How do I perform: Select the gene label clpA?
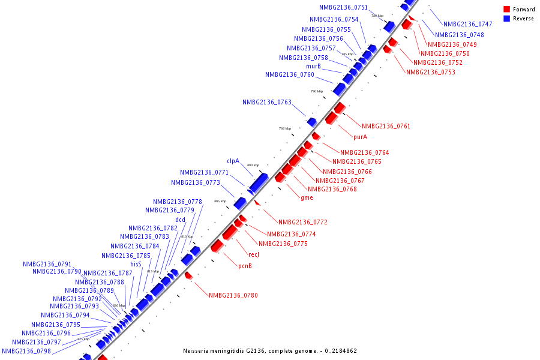point(233,161)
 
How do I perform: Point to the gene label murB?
point(313,66)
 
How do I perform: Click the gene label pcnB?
point(245,266)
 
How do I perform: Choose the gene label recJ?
point(253,254)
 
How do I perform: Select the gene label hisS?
point(136,264)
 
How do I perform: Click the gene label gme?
point(307,197)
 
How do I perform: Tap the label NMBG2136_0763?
point(267,102)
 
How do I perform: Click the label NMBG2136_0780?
point(233,295)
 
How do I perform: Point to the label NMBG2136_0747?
point(467,24)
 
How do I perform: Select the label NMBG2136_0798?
point(26,351)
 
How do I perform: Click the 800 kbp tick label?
point(253,165)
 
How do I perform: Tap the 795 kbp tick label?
point(285,128)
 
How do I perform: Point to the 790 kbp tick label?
point(317,91)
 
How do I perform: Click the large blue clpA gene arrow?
point(259,182)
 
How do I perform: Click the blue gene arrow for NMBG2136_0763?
point(311,122)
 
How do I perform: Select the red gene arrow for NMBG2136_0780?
point(188,275)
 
